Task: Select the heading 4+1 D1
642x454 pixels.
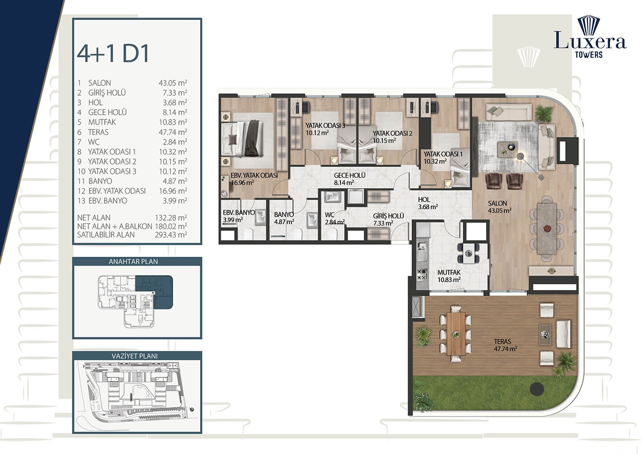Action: point(113,53)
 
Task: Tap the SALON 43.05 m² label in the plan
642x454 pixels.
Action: point(498,207)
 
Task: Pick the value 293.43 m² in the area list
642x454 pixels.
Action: point(171,235)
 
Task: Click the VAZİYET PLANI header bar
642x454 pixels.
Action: point(137,356)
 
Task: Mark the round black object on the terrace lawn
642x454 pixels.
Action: point(536,388)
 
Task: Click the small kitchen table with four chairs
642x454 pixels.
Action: point(469,253)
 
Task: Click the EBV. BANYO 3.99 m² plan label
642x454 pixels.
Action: point(238,216)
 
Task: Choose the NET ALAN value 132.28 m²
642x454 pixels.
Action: point(171,218)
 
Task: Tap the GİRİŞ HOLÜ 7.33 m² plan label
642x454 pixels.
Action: point(388,219)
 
